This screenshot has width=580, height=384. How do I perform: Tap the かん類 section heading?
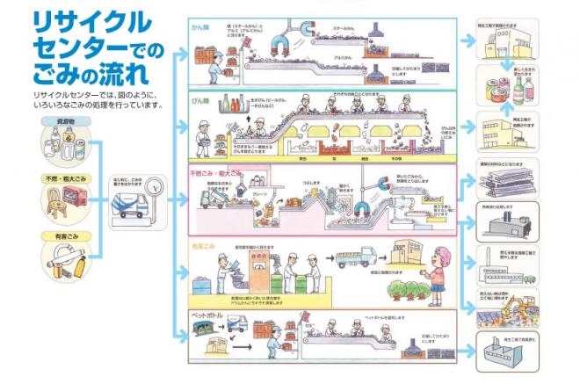point(203,26)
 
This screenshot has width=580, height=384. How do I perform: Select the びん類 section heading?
point(204,101)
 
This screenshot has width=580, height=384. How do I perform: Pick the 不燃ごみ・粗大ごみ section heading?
point(213,172)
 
